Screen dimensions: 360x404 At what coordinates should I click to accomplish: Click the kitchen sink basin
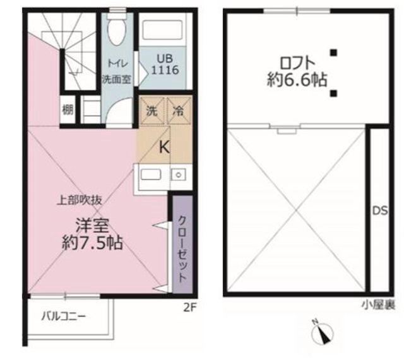[x=152, y=174]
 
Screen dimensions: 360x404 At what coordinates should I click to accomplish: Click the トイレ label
[x=116, y=64]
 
